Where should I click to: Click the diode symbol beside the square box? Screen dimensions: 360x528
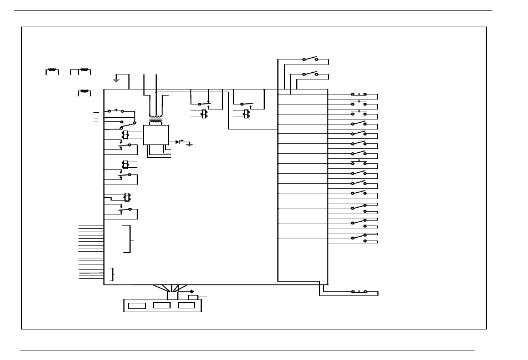(178, 142)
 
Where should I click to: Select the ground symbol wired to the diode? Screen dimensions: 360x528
(190, 144)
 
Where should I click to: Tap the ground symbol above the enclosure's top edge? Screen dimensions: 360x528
(116, 79)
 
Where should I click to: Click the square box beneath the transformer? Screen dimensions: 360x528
(156, 135)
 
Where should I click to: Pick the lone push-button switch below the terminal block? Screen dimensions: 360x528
(358, 291)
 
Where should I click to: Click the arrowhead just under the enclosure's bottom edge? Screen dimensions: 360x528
(192, 291)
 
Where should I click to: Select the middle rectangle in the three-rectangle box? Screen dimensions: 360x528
(162, 305)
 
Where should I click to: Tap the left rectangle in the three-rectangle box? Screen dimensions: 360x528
(137, 306)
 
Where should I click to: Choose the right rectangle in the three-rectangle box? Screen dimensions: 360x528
(186, 305)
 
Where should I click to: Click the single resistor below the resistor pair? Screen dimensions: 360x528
(84, 92)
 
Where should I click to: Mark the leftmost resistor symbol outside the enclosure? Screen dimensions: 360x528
(52, 71)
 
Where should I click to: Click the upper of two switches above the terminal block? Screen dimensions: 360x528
(310, 59)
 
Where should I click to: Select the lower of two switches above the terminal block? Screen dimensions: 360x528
(310, 74)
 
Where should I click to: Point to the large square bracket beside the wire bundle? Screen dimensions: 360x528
(130, 239)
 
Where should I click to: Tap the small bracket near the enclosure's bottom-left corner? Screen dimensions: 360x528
(113, 274)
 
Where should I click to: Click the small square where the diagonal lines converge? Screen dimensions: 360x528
(172, 296)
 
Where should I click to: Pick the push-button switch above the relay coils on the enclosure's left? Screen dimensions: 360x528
(116, 111)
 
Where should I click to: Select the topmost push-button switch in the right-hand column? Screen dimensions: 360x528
(358, 94)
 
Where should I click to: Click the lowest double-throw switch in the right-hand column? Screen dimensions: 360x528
(358, 238)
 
